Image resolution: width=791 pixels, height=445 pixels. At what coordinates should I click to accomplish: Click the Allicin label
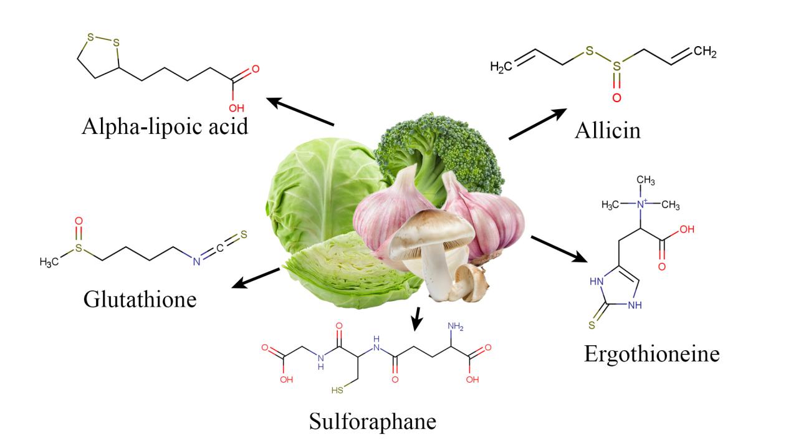[x=607, y=131]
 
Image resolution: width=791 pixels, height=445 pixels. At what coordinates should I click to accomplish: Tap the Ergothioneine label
[x=652, y=354]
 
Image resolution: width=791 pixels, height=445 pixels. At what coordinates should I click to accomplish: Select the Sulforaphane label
[x=373, y=421]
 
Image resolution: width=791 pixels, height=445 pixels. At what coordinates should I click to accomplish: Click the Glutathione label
[x=140, y=300]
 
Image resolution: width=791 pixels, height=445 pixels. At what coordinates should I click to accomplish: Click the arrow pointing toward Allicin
[x=537, y=124]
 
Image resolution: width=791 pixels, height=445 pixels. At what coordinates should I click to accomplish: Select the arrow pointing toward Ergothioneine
[x=559, y=249]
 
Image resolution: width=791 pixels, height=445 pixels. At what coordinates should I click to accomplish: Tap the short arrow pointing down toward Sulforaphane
[x=418, y=318]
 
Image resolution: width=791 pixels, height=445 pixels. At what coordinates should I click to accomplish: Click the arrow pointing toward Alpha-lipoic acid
[x=300, y=111]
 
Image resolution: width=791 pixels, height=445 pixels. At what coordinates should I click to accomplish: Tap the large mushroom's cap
[x=431, y=231]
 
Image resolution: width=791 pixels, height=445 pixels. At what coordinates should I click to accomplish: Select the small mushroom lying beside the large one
[x=471, y=283]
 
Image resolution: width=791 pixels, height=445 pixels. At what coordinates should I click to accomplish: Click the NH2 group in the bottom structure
[x=455, y=327]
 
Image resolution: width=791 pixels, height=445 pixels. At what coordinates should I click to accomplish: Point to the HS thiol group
[x=337, y=390]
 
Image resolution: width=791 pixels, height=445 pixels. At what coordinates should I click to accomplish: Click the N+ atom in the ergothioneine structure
[x=641, y=204]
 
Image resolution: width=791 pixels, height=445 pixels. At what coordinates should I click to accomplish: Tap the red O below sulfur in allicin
[x=616, y=97]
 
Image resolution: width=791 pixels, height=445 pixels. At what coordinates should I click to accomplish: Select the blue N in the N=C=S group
[x=196, y=262]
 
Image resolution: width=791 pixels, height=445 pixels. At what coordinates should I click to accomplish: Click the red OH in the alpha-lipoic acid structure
[x=236, y=108]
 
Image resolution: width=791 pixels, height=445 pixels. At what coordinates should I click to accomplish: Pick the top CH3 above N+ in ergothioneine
[x=646, y=180]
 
